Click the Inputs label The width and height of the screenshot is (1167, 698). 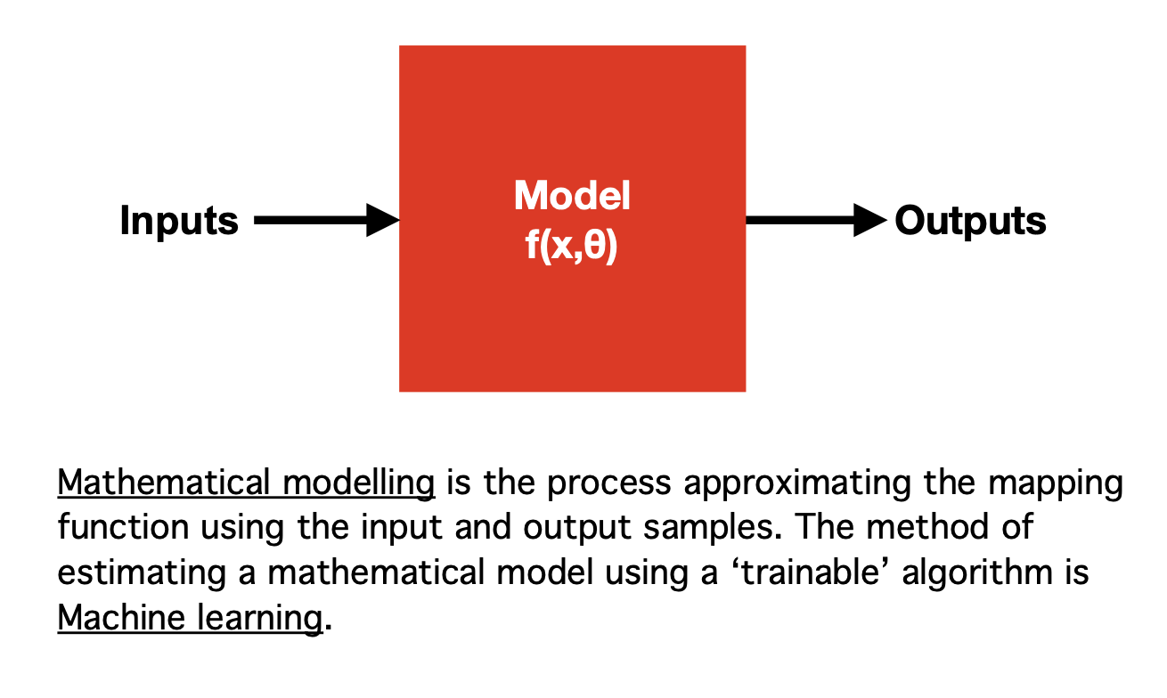coord(179,221)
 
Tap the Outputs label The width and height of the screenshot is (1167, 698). coord(970,221)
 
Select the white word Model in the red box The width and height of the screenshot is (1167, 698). coord(572,197)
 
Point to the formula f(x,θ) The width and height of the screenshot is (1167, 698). coord(572,246)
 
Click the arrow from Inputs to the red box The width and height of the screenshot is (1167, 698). coord(325,220)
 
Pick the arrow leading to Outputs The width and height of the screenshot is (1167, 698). coord(815,220)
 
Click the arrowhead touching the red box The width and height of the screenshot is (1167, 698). coord(383,220)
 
